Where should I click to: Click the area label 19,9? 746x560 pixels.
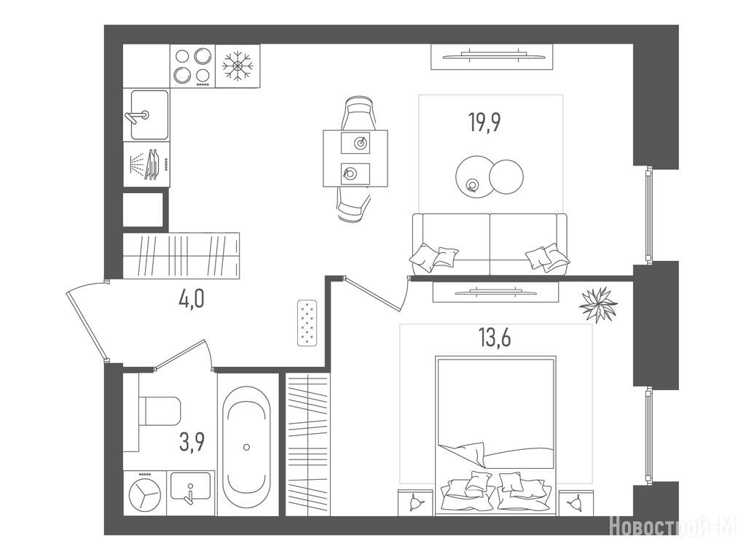point(484,122)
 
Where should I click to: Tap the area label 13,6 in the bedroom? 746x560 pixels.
point(495,338)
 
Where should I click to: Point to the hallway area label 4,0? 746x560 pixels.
point(192,300)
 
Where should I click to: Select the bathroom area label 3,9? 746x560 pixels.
point(192,442)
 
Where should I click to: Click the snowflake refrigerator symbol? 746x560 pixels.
point(238,66)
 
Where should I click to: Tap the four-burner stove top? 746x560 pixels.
point(192,66)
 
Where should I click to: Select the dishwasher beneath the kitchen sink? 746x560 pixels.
point(146,164)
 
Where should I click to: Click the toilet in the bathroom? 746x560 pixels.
point(160,411)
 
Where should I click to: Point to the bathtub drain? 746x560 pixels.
point(246,447)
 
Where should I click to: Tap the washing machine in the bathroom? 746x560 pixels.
point(145,494)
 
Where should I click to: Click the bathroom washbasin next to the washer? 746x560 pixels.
point(191,487)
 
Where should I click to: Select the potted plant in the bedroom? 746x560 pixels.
point(597,304)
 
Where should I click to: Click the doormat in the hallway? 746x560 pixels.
point(307,323)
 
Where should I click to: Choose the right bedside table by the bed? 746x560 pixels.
point(576,502)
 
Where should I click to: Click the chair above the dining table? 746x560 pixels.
point(358,113)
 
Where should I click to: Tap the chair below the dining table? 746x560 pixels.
point(355,205)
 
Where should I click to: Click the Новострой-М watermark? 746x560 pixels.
point(672,526)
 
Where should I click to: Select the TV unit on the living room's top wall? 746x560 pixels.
point(492,57)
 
